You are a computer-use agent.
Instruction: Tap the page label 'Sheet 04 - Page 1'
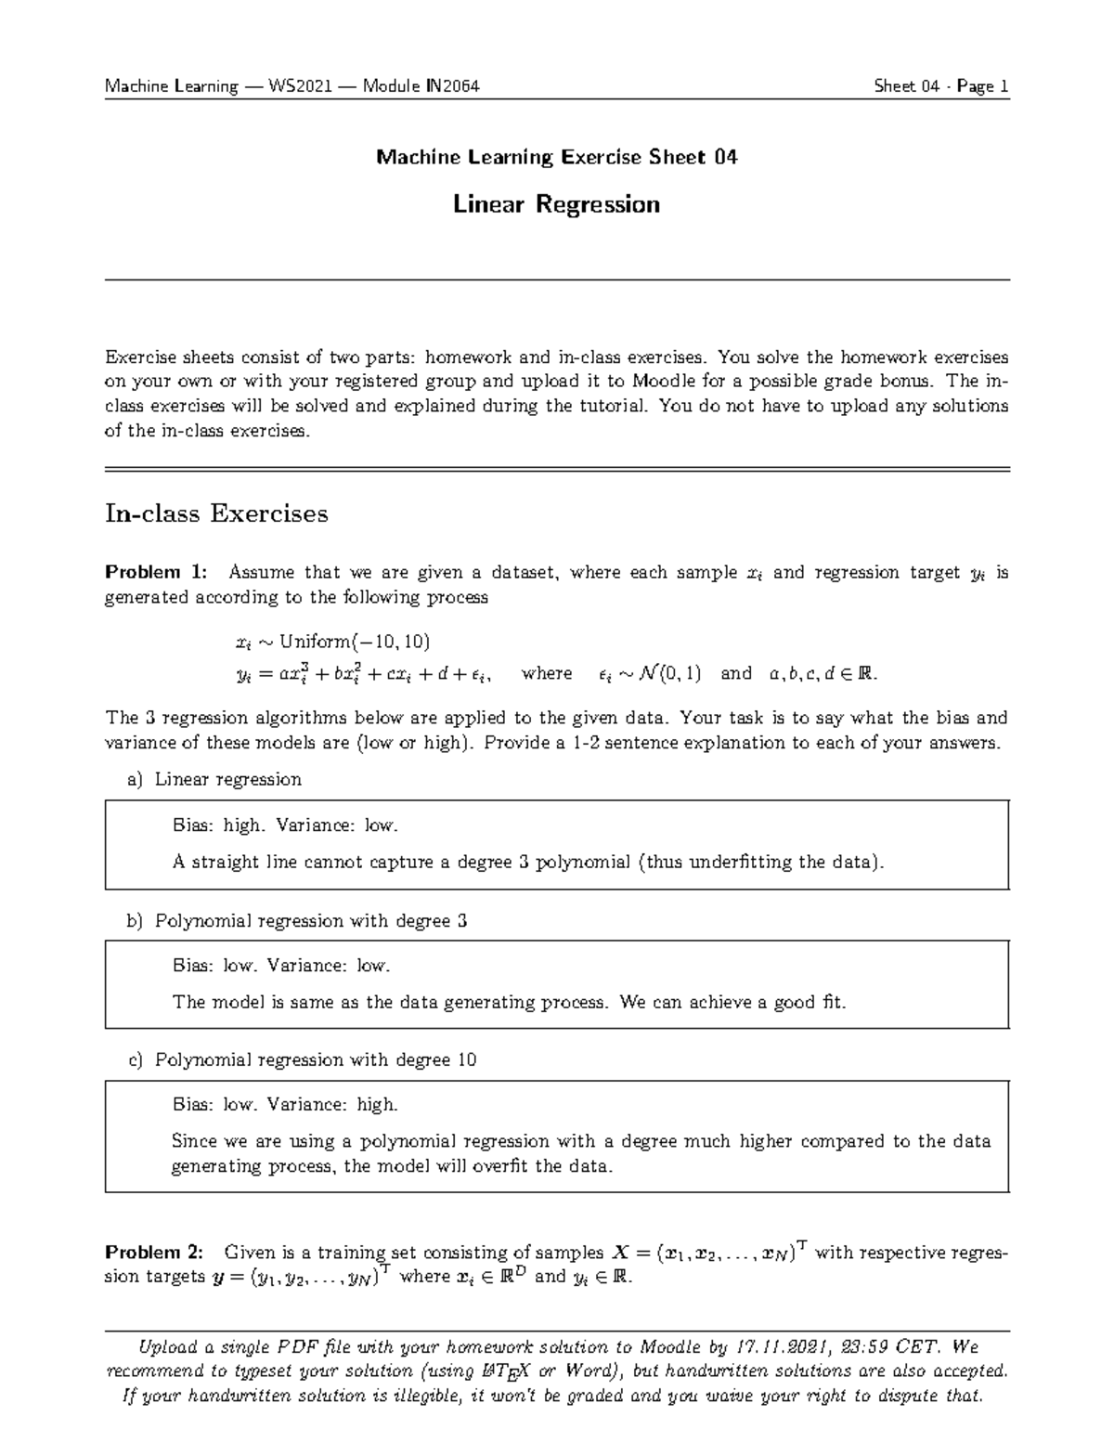tap(940, 87)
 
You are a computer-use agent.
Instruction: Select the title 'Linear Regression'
tap(556, 204)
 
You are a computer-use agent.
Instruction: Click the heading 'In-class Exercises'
tap(216, 513)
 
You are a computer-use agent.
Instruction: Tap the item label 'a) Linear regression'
tap(214, 779)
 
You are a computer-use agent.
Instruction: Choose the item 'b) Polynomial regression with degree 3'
tap(297, 920)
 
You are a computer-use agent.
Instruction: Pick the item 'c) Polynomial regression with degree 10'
tap(302, 1059)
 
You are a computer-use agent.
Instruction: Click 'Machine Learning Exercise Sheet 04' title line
tap(556, 157)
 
